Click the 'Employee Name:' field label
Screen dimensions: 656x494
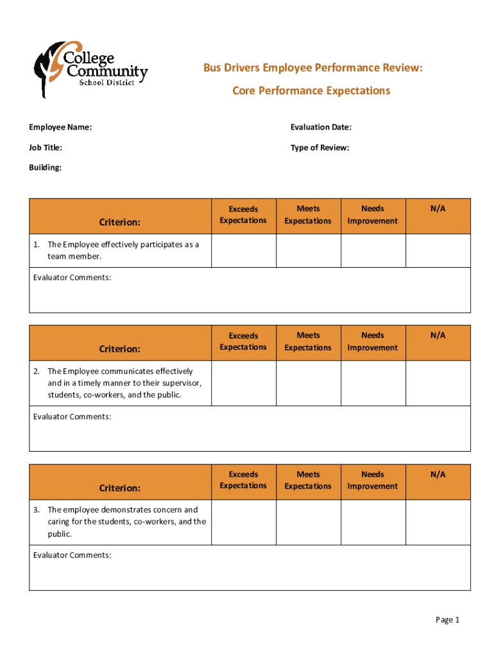click(60, 127)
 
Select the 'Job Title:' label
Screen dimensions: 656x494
click(46, 148)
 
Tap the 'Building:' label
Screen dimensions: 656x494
click(45, 168)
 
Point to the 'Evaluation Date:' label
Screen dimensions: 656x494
click(321, 127)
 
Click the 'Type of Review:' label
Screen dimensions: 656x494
click(319, 148)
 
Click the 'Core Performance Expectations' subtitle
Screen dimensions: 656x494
click(311, 91)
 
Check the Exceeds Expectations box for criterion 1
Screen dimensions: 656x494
click(243, 250)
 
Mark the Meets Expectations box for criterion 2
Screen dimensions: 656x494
click(308, 383)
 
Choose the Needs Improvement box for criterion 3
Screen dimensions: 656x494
click(373, 522)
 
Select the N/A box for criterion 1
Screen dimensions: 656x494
click(438, 250)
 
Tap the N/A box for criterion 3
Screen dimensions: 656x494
click(438, 522)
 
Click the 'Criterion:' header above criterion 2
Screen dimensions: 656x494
click(119, 349)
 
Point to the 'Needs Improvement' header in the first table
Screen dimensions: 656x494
click(373, 215)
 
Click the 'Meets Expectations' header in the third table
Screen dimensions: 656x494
click(308, 480)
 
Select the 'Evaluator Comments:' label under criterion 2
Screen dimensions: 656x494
click(72, 417)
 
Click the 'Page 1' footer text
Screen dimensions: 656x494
click(448, 619)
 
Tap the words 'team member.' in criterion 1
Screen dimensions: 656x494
click(74, 256)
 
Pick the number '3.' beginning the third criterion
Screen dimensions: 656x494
click(37, 510)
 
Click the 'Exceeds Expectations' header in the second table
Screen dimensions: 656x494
click(243, 341)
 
